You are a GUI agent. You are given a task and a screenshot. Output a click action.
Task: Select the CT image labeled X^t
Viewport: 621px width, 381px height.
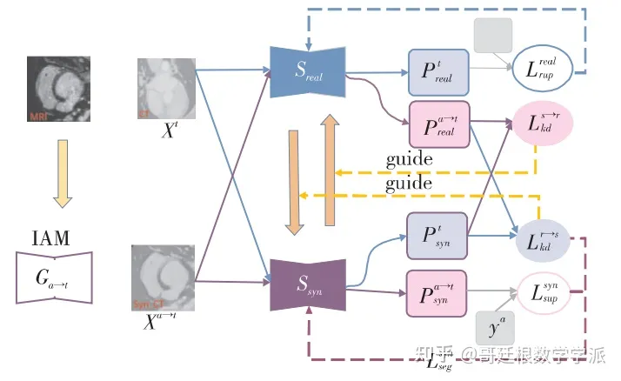tap(165, 88)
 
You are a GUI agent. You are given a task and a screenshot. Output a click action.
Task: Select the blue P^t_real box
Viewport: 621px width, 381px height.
tap(438, 71)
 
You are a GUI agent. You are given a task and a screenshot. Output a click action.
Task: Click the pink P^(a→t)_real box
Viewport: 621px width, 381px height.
tap(438, 124)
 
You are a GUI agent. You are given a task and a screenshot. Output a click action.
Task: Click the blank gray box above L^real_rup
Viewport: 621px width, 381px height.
tap(492, 34)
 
